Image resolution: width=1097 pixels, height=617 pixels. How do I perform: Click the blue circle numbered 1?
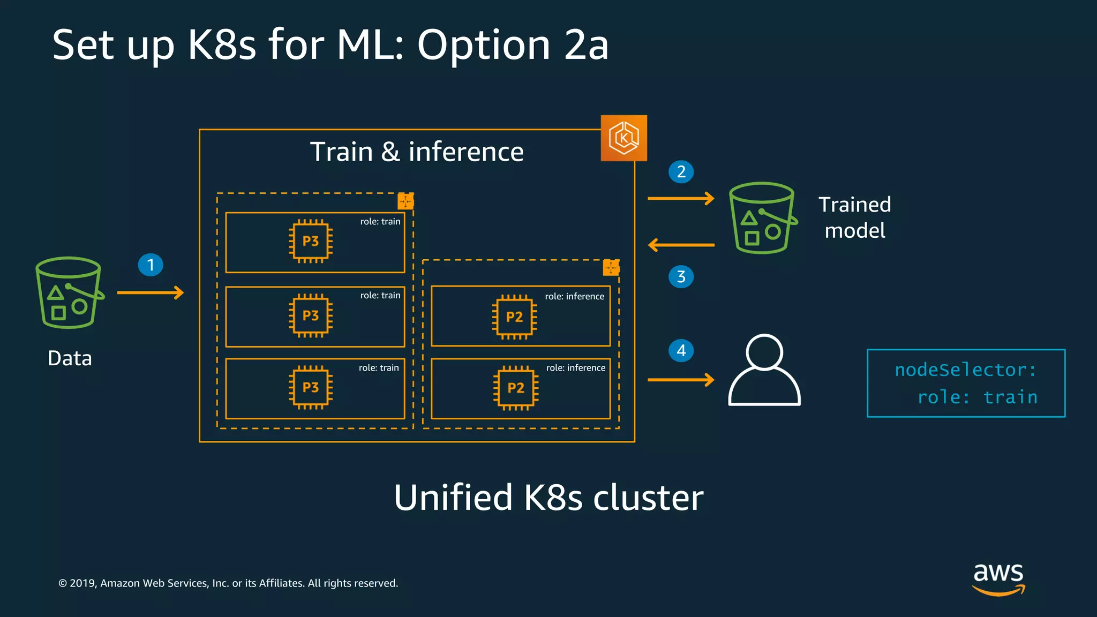pyautogui.click(x=151, y=265)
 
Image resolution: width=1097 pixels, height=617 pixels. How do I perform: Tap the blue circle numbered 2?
pyautogui.click(x=681, y=172)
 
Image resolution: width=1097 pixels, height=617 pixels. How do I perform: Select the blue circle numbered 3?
pyautogui.click(x=681, y=277)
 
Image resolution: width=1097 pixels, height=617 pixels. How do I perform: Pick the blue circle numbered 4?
pyautogui.click(x=681, y=351)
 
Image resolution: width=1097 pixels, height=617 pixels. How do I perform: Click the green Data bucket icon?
pyautogui.click(x=69, y=293)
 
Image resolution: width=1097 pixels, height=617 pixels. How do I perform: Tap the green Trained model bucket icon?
pyautogui.click(x=762, y=218)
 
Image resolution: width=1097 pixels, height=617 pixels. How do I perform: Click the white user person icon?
pyautogui.click(x=764, y=370)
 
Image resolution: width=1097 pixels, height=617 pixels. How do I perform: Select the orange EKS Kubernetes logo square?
pyautogui.click(x=623, y=138)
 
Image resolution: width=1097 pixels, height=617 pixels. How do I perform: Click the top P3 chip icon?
pyautogui.click(x=311, y=241)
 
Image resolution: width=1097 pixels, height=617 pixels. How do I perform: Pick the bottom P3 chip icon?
pyautogui.click(x=311, y=387)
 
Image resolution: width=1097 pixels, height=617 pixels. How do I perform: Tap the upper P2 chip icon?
pyautogui.click(x=514, y=317)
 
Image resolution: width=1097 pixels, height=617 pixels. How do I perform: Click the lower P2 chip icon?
pyautogui.click(x=515, y=388)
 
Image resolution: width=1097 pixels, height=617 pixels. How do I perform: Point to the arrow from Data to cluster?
pyautogui.click(x=151, y=292)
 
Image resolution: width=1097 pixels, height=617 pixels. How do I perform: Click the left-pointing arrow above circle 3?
pyautogui.click(x=681, y=245)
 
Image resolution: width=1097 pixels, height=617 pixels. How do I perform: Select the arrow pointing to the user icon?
pyautogui.click(x=681, y=380)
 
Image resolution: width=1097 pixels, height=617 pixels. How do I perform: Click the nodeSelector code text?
pyautogui.click(x=966, y=383)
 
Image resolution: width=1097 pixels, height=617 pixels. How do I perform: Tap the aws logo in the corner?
pyautogui.click(x=998, y=578)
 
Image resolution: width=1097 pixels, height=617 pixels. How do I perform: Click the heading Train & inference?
pyautogui.click(x=417, y=152)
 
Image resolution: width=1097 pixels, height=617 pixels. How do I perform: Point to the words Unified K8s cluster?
pyautogui.click(x=548, y=498)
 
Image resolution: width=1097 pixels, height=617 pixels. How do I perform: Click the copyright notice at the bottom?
pyautogui.click(x=228, y=583)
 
